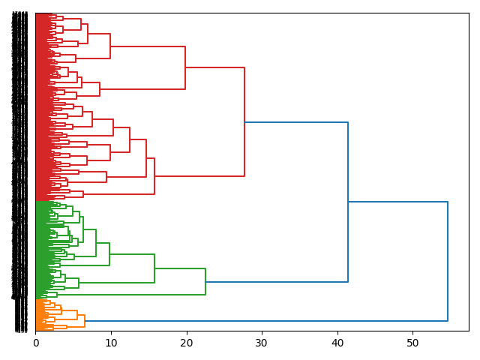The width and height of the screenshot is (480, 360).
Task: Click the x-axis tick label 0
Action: [35, 343]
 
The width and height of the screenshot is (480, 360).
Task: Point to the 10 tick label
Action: [111, 343]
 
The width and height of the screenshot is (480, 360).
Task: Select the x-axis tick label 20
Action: [186, 343]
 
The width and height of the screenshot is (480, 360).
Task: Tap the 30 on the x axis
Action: [262, 343]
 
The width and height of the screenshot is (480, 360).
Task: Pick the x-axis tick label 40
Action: [337, 343]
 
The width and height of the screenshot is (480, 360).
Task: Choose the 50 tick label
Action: [412, 343]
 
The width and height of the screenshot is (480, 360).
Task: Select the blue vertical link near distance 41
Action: [348, 202]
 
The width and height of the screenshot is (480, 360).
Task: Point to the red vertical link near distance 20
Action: [185, 67]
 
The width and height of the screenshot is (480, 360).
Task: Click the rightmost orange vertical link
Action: [85, 321]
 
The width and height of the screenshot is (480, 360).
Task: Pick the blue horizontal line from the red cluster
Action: [296, 122]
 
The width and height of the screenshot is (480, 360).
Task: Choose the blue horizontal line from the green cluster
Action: [277, 282]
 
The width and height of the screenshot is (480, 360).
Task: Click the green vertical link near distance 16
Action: [154, 268]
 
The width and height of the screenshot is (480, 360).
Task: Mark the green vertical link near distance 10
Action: [109, 254]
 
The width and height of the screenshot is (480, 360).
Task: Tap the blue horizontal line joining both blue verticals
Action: [397, 202]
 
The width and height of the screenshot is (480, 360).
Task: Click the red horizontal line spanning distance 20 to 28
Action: [215, 67]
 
